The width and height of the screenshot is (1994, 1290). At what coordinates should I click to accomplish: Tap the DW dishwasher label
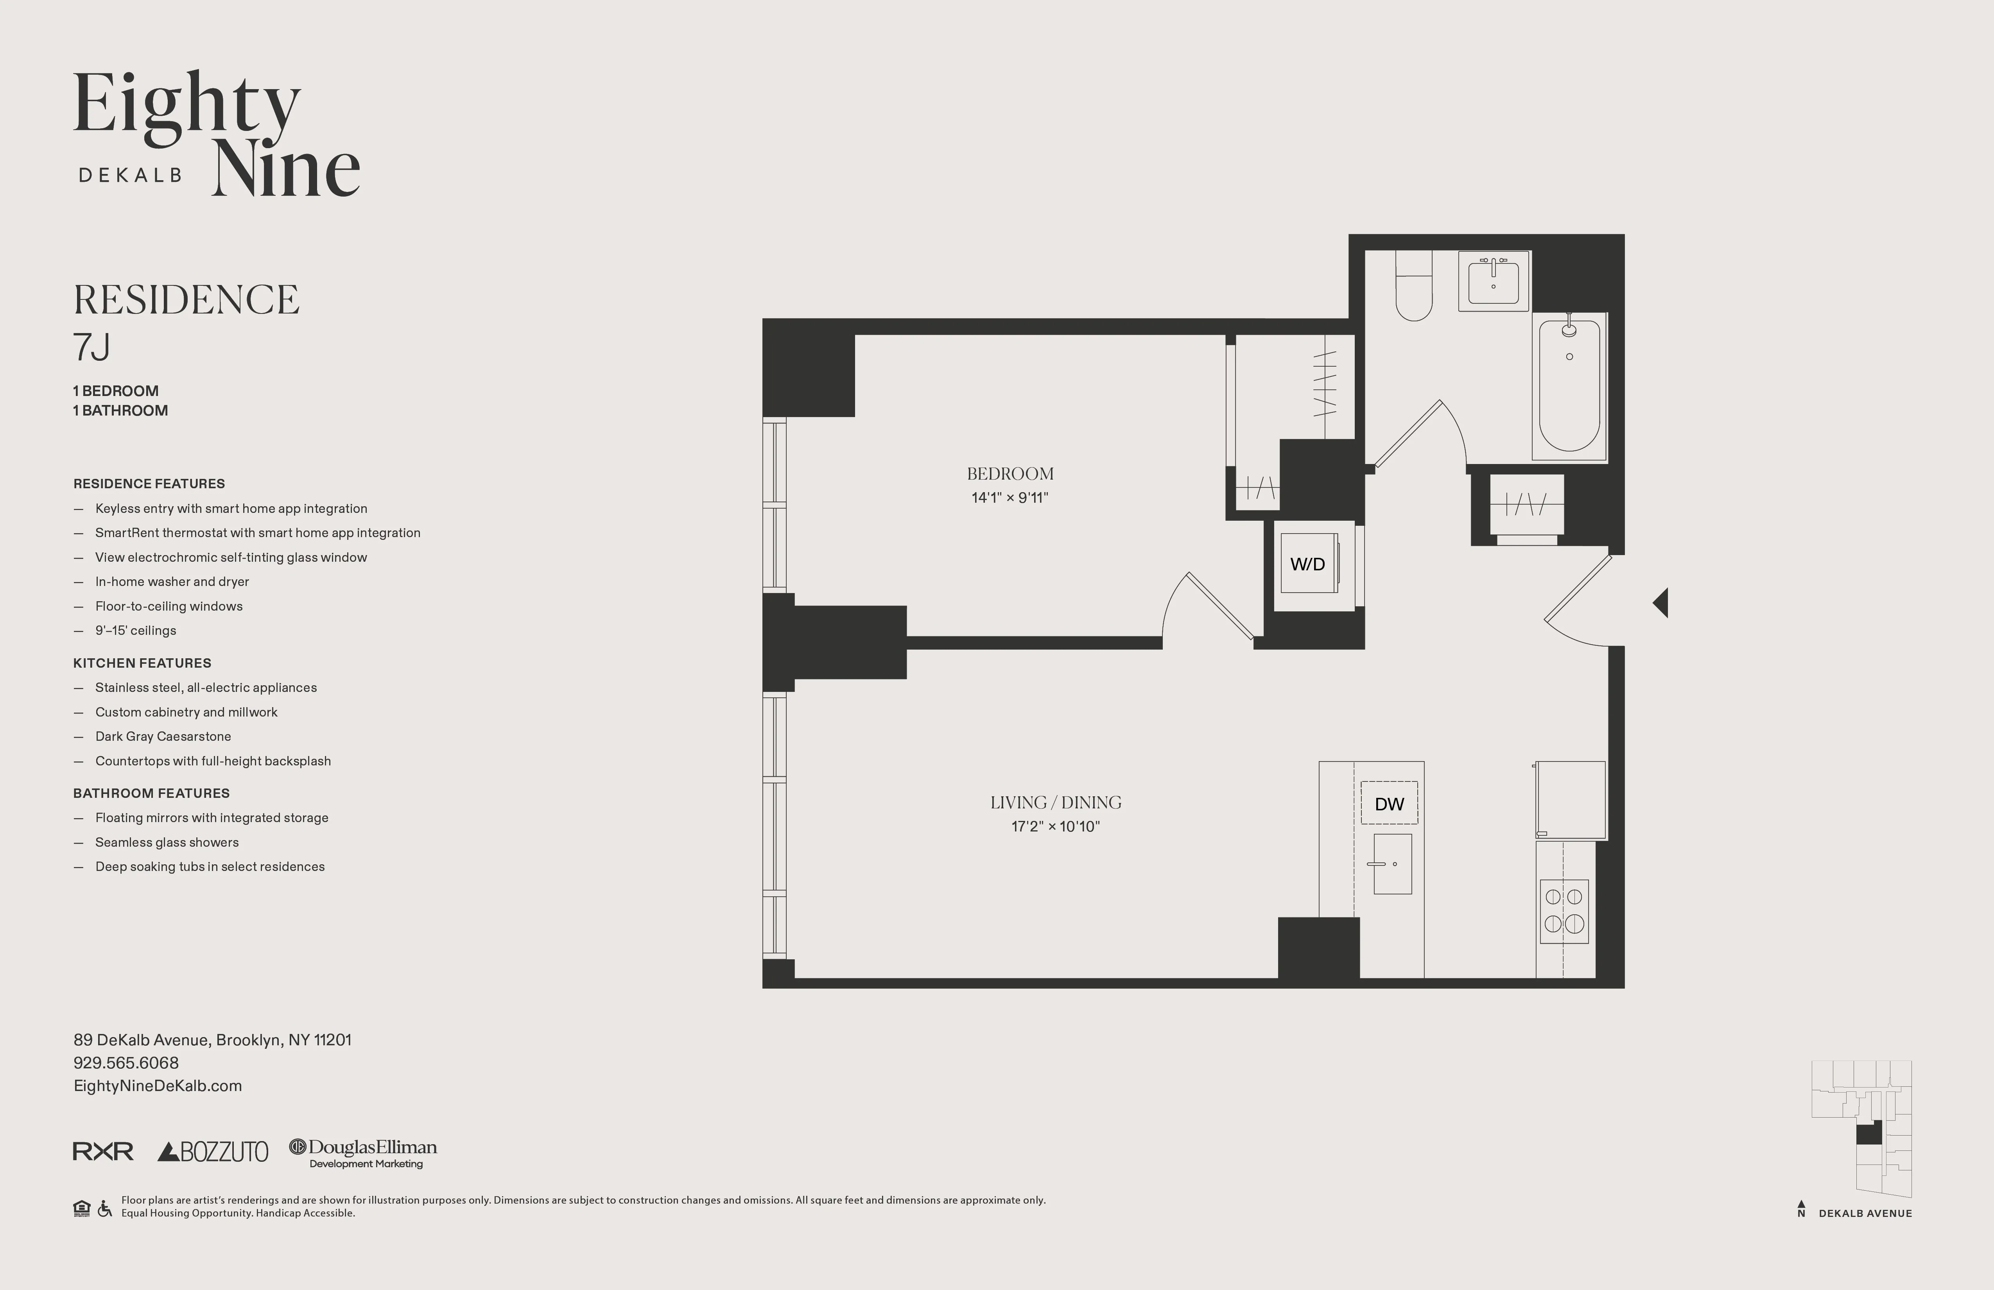point(1389,804)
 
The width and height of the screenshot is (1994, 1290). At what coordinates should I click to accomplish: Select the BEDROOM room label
point(1010,474)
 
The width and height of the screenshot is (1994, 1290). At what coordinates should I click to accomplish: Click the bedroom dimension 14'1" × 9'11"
point(1010,498)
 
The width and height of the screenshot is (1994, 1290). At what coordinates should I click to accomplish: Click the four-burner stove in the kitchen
point(1564,910)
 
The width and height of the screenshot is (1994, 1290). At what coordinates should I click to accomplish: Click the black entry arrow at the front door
point(1660,602)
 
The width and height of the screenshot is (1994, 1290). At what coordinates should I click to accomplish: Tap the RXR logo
point(103,1152)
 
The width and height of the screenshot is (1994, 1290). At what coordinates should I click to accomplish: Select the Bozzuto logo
point(213,1152)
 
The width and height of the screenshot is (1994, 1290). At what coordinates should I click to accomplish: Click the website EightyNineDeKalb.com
point(158,1086)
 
